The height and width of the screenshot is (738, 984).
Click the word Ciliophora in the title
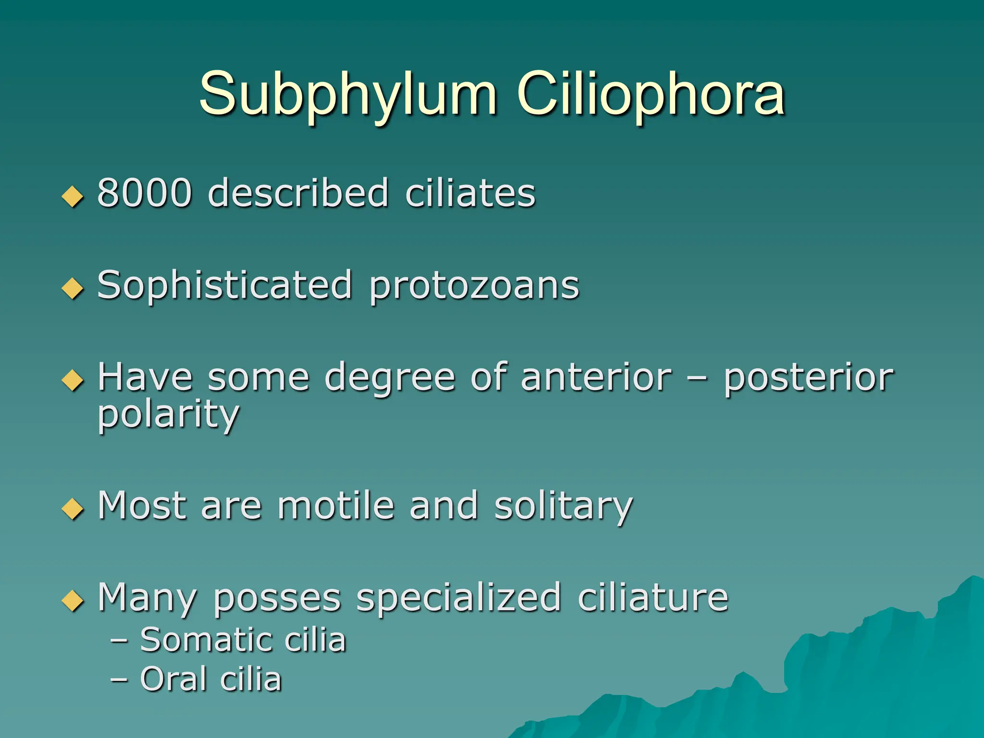point(651,94)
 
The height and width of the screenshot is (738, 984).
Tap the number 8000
point(145,193)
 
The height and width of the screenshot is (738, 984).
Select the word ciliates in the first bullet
point(470,193)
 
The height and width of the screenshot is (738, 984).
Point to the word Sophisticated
point(225,286)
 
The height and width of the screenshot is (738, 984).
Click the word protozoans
point(474,286)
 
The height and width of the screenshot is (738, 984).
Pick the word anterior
point(596,378)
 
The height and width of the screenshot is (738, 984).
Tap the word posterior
point(808,378)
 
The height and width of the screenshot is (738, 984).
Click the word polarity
point(168,415)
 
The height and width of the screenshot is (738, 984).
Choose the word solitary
point(563,506)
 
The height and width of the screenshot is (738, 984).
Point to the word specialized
point(458,599)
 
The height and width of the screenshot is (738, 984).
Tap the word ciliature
point(652,598)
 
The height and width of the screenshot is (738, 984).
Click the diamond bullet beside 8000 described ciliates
point(73,197)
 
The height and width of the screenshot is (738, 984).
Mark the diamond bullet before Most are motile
point(73,509)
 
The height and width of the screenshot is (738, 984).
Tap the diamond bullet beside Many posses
point(73,601)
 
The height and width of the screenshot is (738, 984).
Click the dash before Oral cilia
point(119,680)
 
